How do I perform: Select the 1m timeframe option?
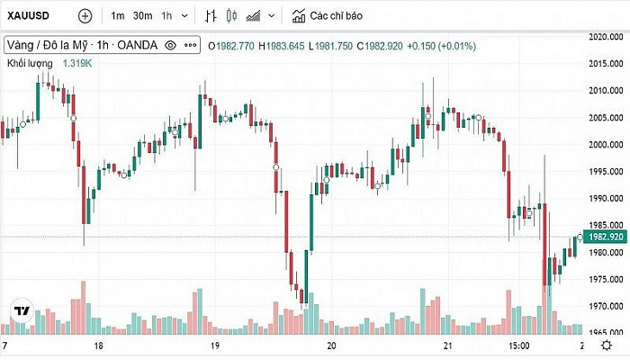pyautogui.click(x=118, y=15)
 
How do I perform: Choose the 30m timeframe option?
pyautogui.click(x=142, y=15)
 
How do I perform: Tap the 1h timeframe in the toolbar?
pyautogui.click(x=166, y=15)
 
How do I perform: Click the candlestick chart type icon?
pyautogui.click(x=231, y=15)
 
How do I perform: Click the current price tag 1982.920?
pyautogui.click(x=604, y=237)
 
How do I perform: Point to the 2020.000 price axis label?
pyautogui.click(x=606, y=37)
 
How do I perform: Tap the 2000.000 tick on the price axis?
pyautogui.click(x=606, y=144)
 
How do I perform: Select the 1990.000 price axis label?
pyautogui.click(x=606, y=198)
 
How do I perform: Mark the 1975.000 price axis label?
pyautogui.click(x=606, y=279)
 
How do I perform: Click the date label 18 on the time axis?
pyautogui.click(x=98, y=346)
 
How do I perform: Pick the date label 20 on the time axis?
pyautogui.click(x=332, y=346)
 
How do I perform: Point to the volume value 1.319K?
pyautogui.click(x=76, y=63)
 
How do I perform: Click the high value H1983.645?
pyautogui.click(x=281, y=45)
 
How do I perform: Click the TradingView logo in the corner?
pyautogui.click(x=22, y=311)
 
